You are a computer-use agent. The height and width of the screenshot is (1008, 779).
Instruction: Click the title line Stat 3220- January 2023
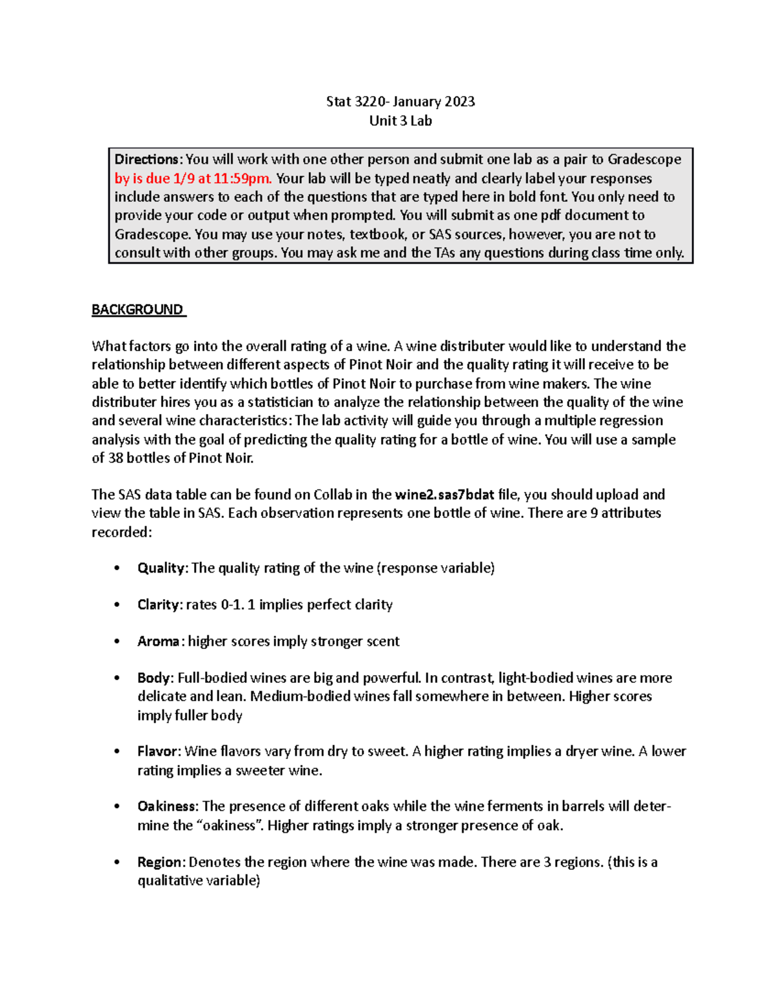tap(400, 101)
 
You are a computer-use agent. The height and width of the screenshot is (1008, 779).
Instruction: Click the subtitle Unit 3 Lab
tap(400, 121)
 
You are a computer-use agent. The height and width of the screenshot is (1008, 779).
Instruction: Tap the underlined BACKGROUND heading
tap(138, 310)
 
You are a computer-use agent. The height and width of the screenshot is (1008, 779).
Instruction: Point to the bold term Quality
tap(162, 568)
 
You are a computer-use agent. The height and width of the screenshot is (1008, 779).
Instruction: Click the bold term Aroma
tap(158, 641)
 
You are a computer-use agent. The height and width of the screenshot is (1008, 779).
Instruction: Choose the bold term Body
tap(154, 678)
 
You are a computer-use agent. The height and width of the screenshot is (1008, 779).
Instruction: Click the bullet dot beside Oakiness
tap(117, 807)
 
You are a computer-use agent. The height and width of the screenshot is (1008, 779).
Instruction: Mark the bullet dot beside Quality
tap(117, 569)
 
